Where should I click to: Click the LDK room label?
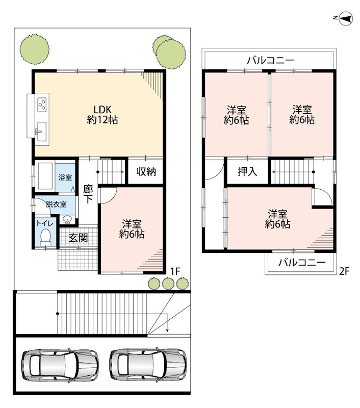(x=102, y=114)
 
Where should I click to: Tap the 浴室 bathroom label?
(x=65, y=177)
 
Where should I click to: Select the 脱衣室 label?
(x=56, y=205)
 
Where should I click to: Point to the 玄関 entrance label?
(x=78, y=238)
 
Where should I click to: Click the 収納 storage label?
(x=146, y=171)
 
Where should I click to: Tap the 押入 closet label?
(x=247, y=171)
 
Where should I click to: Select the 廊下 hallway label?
(x=88, y=194)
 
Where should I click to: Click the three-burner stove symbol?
(x=42, y=105)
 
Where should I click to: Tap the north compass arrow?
(x=346, y=18)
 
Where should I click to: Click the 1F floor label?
(x=175, y=271)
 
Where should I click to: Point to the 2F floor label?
(x=344, y=271)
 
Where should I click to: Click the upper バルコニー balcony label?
(x=271, y=61)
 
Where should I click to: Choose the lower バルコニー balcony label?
(x=302, y=262)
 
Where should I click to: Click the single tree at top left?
(x=35, y=48)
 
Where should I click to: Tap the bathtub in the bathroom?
(x=45, y=176)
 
